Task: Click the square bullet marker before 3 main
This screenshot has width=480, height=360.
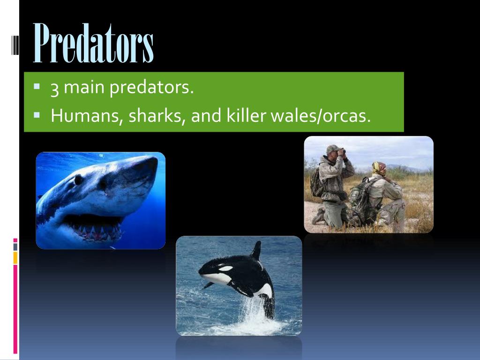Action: pos(37,87)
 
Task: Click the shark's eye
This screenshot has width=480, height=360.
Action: pos(79,179)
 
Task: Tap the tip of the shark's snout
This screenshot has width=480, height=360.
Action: pos(155,162)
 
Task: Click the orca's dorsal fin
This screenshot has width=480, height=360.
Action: pos(256,251)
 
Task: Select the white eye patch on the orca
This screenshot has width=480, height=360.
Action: pos(225,269)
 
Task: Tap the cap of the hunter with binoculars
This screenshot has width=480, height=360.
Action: pos(333,149)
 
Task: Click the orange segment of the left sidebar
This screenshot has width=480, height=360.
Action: pos(15,257)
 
